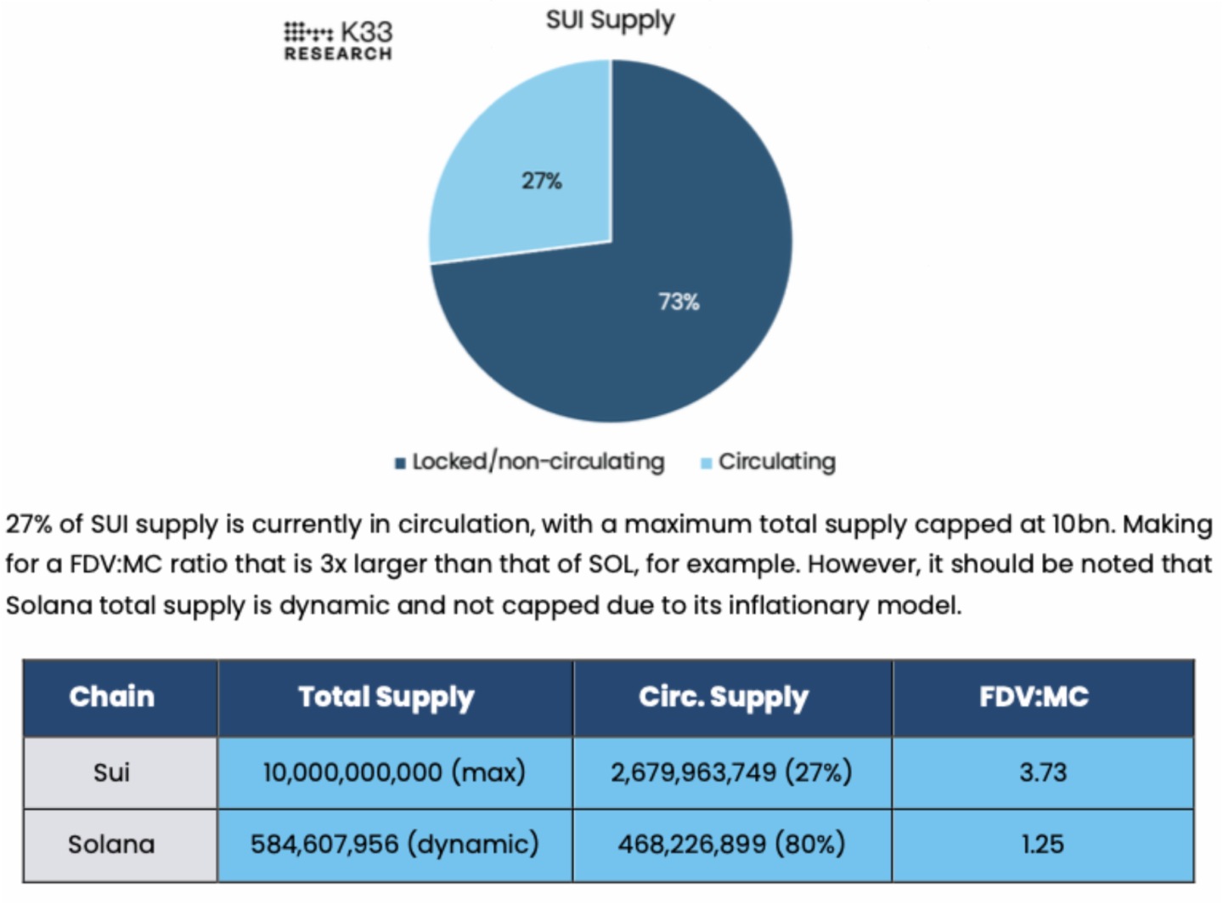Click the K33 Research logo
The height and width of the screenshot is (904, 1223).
click(338, 41)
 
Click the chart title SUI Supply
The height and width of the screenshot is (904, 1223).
click(610, 20)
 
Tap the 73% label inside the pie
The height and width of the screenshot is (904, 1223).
click(679, 301)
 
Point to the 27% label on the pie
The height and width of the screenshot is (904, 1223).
click(541, 181)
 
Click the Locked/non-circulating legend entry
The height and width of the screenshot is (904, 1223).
click(530, 462)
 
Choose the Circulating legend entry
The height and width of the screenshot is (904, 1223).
click(769, 462)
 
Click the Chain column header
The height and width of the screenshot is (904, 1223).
click(112, 697)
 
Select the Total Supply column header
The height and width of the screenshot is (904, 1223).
click(386, 697)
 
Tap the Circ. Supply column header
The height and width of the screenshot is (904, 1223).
click(724, 697)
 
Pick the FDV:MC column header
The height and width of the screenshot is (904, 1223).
click(1034, 697)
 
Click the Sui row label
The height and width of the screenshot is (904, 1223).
click(111, 772)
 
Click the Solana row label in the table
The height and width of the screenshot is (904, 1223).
click(111, 845)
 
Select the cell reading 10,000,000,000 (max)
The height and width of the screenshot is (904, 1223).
click(394, 772)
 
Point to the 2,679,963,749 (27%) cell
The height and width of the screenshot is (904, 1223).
click(731, 772)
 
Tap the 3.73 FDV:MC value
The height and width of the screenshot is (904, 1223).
click(1042, 772)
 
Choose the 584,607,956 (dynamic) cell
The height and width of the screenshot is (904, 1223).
click(394, 845)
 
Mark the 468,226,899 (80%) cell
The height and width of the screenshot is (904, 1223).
click(731, 845)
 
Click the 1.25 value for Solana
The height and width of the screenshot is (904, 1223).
click(1042, 845)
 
